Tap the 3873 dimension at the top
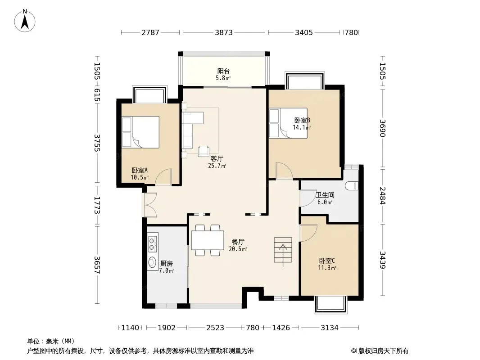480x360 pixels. click(224, 32)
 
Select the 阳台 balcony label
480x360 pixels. click(223, 71)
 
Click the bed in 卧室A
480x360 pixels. click(140, 132)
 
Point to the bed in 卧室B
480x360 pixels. click(288, 123)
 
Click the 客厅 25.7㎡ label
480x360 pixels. click(217, 162)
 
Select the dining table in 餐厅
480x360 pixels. click(208, 240)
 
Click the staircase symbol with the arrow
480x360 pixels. click(283, 250)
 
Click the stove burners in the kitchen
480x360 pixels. click(152, 243)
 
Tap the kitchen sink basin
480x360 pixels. click(152, 262)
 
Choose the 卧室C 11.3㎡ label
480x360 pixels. click(327, 264)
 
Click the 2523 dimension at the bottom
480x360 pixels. click(215, 328)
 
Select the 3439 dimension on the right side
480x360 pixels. click(382, 260)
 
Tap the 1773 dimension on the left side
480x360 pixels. click(97, 205)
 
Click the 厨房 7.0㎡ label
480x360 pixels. click(167, 267)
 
